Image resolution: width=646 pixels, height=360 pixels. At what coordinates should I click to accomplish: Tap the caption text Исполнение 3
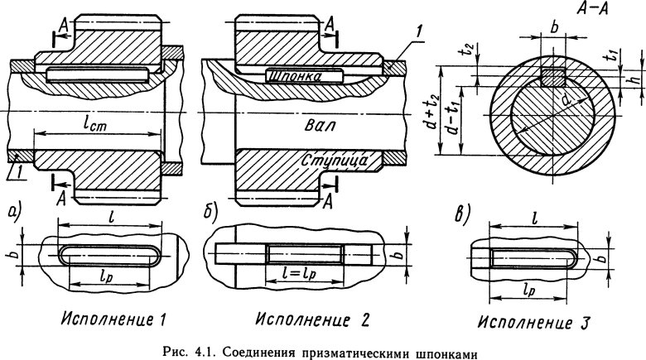click(524, 319)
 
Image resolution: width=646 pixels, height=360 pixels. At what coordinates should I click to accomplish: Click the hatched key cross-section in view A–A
click(551, 78)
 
